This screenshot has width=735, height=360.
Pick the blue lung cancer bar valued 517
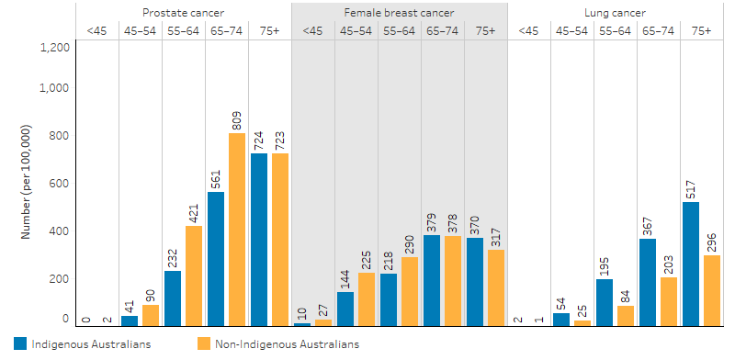tap(691, 264)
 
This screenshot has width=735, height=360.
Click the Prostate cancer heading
tap(183, 13)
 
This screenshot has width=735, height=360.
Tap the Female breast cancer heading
tap(399, 13)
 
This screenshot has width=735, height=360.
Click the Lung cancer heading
tap(615, 13)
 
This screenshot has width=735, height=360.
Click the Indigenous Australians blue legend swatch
tap(20, 344)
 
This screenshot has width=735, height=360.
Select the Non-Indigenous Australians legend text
tap(287, 344)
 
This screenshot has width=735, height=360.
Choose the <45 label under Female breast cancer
tap(312, 30)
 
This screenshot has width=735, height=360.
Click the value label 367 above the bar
tap(648, 223)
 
